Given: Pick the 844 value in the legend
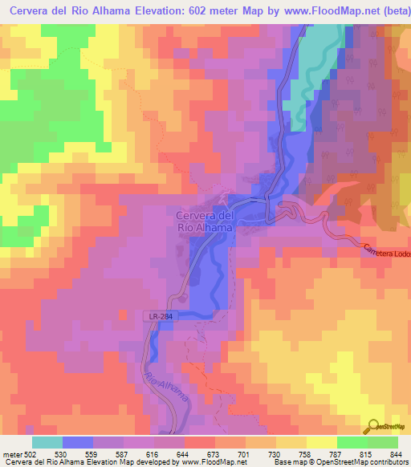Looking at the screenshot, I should pos(397,453).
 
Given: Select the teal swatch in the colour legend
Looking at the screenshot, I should pos(47,442).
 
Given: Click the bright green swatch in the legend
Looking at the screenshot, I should pos(352,442).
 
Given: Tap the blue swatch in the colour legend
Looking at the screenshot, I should pos(78,442).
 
